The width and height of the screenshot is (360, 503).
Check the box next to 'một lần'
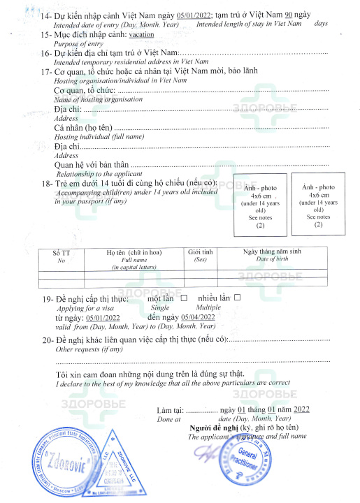(x=184, y=298)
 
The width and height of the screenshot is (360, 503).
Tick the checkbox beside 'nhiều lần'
(x=237, y=298)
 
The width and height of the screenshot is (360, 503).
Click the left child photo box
(x=260, y=207)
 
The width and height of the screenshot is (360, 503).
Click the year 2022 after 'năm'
(x=302, y=409)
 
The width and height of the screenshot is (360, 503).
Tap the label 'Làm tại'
(x=170, y=410)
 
